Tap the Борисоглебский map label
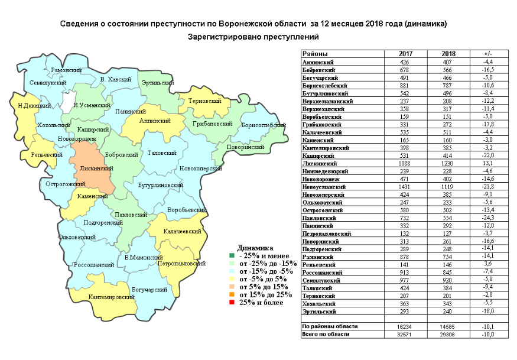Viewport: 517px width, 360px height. click(x=264, y=125)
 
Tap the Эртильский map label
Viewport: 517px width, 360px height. click(x=157, y=82)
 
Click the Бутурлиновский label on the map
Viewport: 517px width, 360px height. click(x=161, y=185)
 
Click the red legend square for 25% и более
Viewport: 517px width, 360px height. click(x=232, y=303)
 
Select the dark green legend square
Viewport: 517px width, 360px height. click(x=232, y=255)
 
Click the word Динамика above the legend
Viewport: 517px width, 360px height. click(x=255, y=247)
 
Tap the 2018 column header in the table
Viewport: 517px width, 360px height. click(x=448, y=54)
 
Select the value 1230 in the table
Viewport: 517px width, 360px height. click(x=448, y=163)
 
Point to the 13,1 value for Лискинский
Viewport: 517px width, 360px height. click(x=487, y=163)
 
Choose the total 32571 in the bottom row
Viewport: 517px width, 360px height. click(x=405, y=335)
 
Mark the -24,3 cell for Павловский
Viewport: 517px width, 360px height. click(x=487, y=218)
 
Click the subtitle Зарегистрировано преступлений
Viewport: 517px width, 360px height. click(x=253, y=37)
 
